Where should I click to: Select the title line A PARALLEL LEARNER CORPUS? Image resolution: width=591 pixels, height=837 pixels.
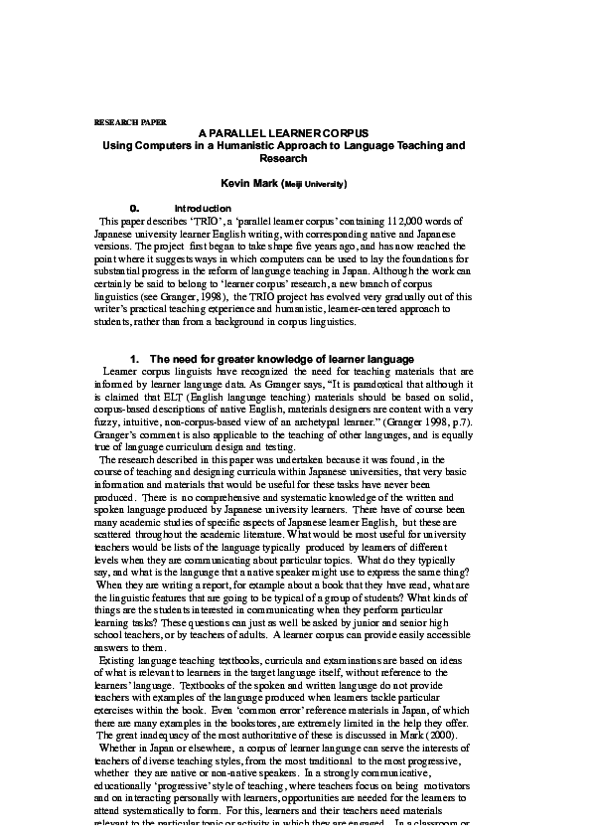coord(284,132)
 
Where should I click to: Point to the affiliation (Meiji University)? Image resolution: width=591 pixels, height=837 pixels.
coord(316,185)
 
